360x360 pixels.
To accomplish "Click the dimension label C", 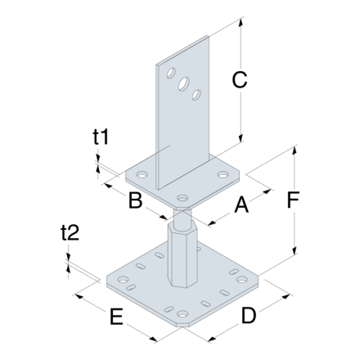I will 239,80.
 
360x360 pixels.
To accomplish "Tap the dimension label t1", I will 101,139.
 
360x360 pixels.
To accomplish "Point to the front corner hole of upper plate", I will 182,197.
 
